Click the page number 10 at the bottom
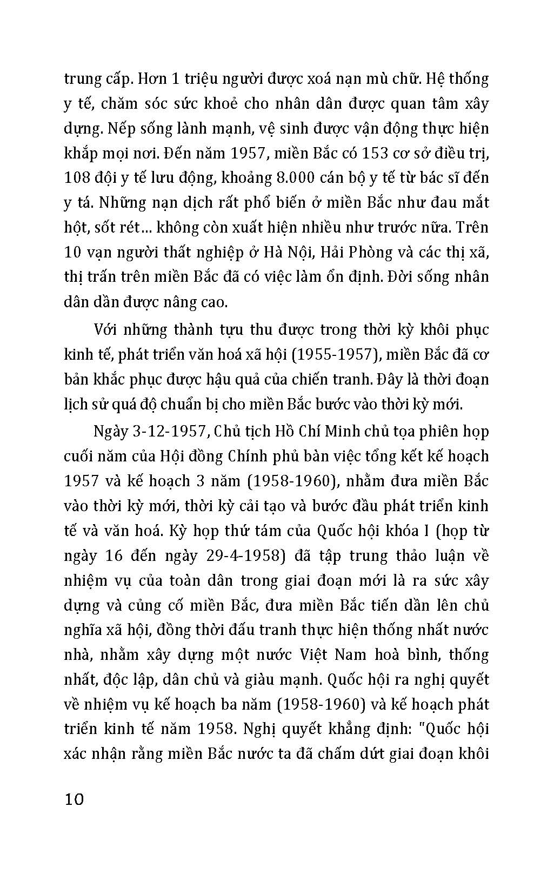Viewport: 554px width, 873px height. coord(74,799)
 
